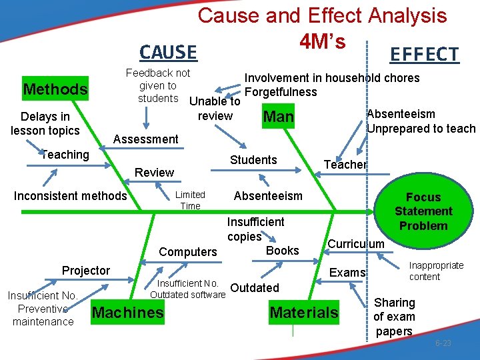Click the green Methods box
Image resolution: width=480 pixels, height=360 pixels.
coord(55,89)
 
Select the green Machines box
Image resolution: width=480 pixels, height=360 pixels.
coord(127,313)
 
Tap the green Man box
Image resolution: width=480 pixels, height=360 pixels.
coord(279,117)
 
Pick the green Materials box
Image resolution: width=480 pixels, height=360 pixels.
coord(304,313)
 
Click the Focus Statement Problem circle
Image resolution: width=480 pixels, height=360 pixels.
coord(423,211)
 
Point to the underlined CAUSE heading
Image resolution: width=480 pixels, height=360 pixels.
coord(168,52)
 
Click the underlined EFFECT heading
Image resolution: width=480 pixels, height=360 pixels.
coord(424,54)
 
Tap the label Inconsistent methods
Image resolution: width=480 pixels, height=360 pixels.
coord(70,195)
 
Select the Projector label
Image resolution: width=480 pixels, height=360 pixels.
coord(86,270)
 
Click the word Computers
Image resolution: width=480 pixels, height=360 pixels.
coord(188,252)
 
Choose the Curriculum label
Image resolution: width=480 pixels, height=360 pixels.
coord(356,243)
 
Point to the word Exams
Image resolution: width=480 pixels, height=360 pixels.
coord(347,272)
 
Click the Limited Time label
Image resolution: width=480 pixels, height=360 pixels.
coord(190,200)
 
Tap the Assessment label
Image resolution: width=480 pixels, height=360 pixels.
coord(146,139)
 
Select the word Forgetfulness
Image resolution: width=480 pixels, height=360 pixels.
coord(281,91)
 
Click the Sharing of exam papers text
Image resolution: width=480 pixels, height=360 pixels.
coord(394,317)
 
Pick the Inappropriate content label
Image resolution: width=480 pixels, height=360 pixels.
coord(436,271)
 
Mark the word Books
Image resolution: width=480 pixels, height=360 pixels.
coord(283,251)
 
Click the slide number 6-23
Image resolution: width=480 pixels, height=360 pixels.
coord(443,343)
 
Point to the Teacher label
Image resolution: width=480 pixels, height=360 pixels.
coord(345,165)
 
